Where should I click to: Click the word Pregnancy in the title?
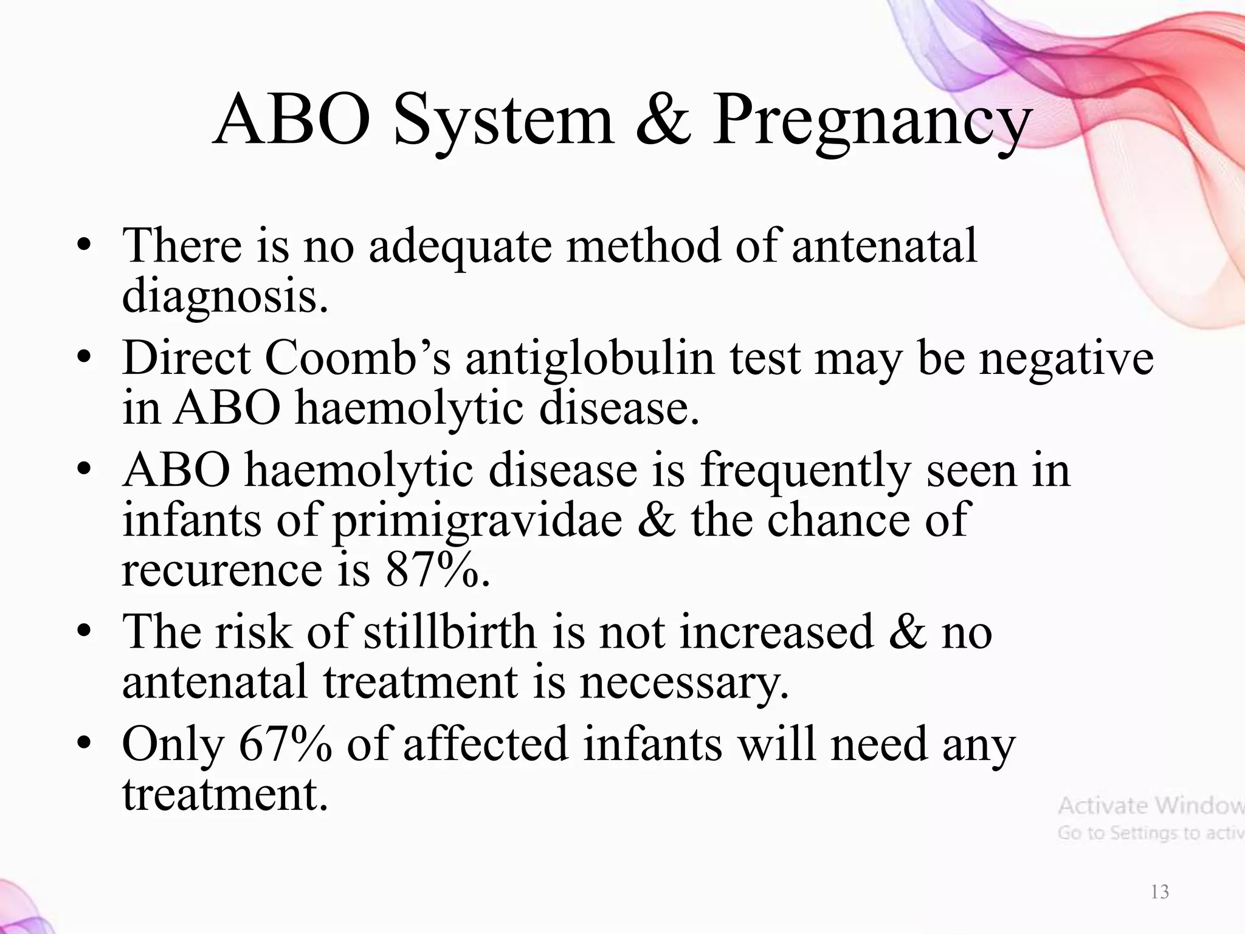pos(869,122)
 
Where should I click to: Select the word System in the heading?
pos(504,122)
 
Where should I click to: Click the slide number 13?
pos(1160,892)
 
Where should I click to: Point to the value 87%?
pos(436,570)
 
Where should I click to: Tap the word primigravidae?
pos(477,521)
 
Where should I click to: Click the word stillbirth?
pos(450,632)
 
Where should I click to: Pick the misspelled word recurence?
pos(222,570)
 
